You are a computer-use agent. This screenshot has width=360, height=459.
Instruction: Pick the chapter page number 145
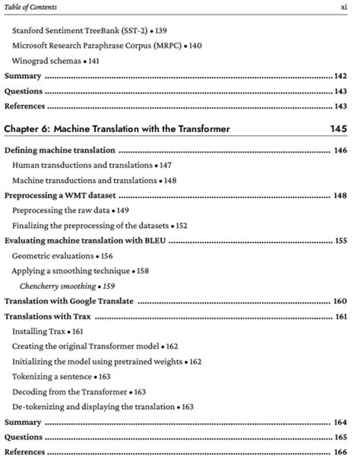click(339, 129)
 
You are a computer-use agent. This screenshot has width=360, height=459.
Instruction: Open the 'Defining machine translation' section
click(60, 151)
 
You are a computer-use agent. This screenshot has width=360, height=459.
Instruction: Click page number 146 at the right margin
click(340, 151)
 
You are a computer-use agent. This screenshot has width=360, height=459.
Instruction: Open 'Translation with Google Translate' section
click(69, 301)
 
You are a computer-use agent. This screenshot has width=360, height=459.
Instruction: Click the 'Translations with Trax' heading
click(49, 316)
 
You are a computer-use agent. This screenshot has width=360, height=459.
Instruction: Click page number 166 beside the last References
click(340, 451)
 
